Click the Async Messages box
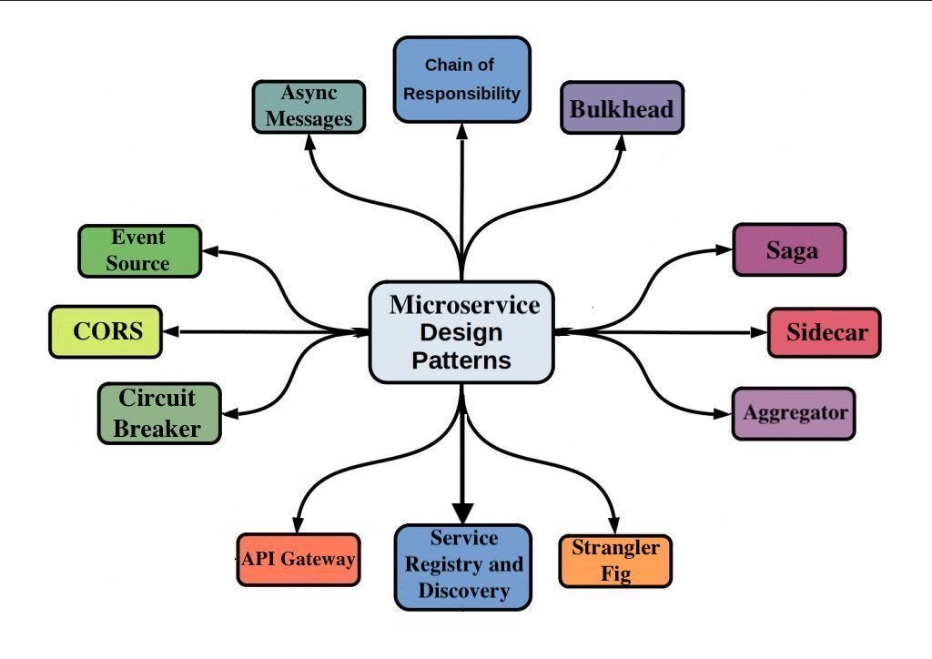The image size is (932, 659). pos(308,106)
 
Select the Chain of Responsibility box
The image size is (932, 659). pos(461,79)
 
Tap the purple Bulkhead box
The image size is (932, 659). pos(622,109)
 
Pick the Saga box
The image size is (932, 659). pos(789,249)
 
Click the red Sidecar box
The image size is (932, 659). pos(824,332)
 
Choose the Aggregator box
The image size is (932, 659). pos(794,412)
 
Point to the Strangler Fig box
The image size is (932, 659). pos(615,561)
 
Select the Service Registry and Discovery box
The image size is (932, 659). pos(462,566)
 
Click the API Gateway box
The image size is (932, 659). pos(298,559)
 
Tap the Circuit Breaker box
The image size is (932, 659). pos(159,413)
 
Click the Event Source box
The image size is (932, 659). pos(138,250)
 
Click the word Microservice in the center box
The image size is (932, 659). pos(464,305)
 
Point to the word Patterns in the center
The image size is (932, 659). pos(461,360)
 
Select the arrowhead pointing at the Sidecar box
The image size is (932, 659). pos(759,332)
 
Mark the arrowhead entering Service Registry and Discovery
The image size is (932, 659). pos(462,514)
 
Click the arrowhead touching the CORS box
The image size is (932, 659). pos(170,331)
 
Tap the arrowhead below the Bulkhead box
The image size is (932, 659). pos(623,143)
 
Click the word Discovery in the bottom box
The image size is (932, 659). pos(463,592)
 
